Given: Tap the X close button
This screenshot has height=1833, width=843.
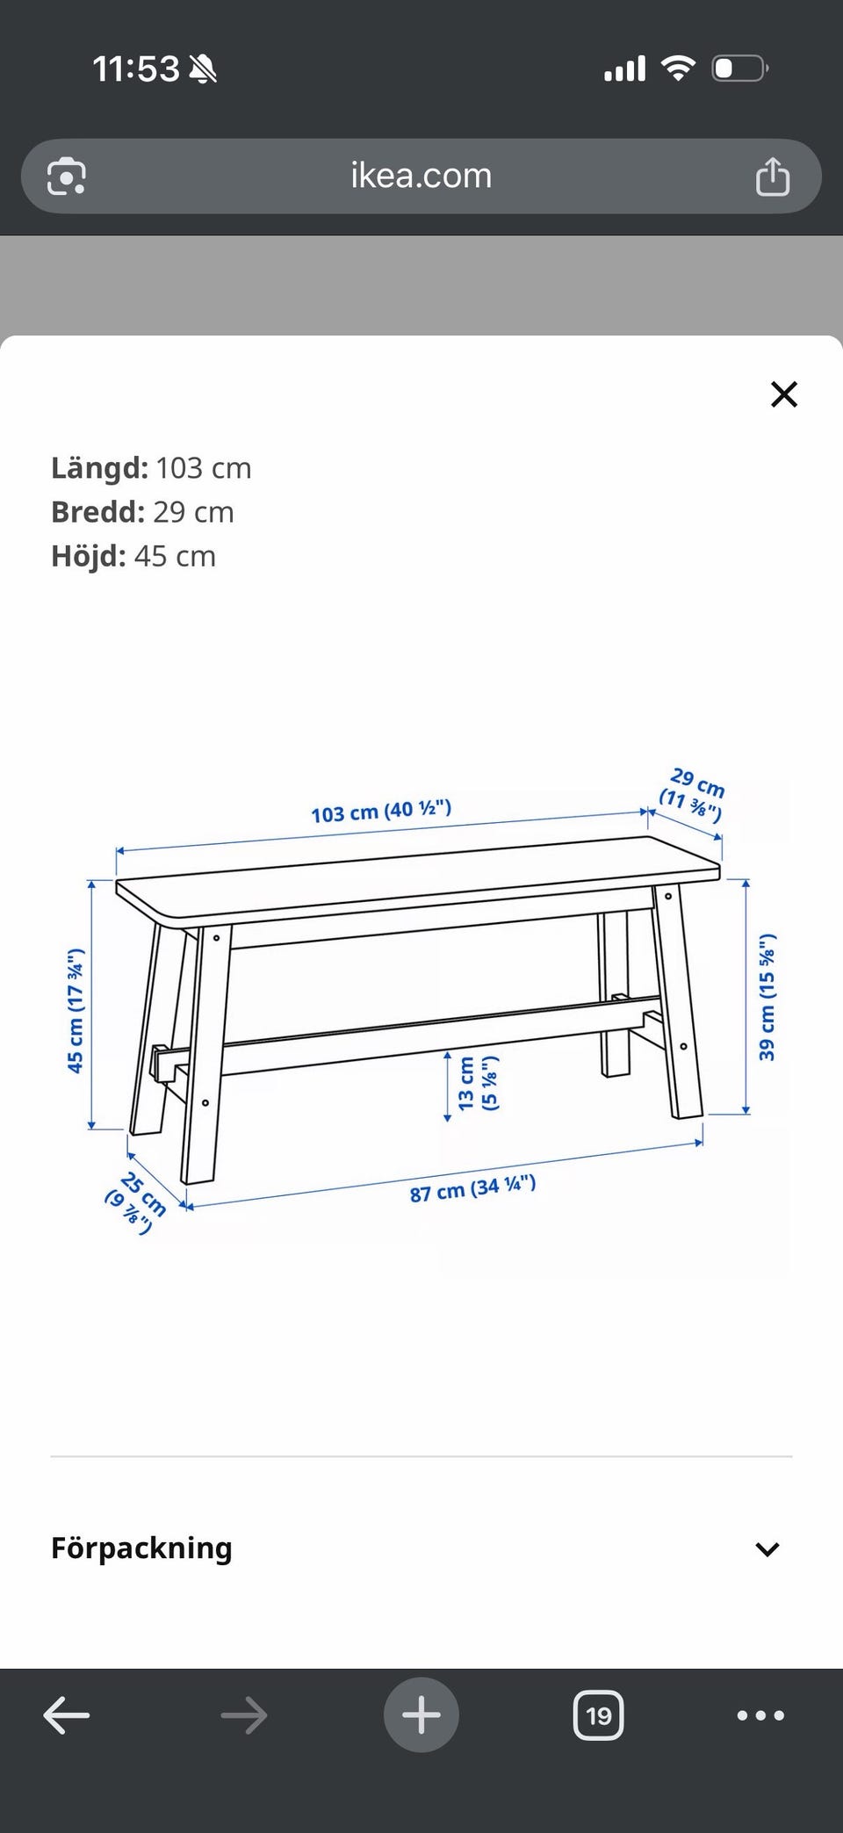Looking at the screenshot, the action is coord(783,394).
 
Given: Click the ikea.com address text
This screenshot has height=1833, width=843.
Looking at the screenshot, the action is coord(421,176).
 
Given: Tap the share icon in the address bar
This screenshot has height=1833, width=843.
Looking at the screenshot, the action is coord(773,176).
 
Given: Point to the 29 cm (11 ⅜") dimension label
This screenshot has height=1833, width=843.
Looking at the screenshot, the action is coord(694,794).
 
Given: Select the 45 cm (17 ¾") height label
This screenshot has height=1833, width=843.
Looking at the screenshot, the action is coord(76,1010).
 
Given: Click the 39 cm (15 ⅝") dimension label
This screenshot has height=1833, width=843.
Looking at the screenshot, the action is coord(767,997).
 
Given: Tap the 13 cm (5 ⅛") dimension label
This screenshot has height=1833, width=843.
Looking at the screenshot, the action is coord(479,1084).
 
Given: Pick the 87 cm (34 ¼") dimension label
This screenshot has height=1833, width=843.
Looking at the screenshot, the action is coord(472,1188).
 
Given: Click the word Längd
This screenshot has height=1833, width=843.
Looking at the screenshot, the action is coord(99,467).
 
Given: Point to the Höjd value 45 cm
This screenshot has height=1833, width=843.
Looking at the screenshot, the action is coord(175,556).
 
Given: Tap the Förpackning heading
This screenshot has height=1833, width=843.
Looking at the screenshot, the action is coord(141,1548).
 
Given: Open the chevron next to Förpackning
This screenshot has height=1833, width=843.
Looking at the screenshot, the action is coord(767,1549).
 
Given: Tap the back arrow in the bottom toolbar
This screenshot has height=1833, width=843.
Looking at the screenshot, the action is coord(67,1714).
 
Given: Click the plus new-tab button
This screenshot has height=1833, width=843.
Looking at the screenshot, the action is coord(421,1715).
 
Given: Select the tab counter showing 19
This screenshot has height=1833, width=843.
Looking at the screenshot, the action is coord(598,1715).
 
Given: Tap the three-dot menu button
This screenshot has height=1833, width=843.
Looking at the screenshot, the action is coord(760,1715).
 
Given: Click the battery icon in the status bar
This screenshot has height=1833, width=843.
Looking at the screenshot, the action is coord(739,68).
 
